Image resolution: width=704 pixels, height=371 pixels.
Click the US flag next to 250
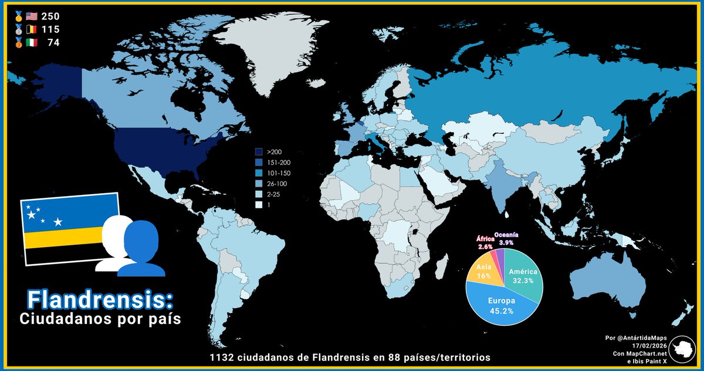(32, 16)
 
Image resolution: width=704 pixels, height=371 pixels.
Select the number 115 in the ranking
(50, 29)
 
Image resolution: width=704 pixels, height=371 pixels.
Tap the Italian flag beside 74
(32, 42)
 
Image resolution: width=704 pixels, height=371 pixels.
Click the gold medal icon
(19, 16)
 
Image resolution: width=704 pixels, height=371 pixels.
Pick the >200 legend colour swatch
(259, 151)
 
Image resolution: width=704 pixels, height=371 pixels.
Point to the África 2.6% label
(485, 242)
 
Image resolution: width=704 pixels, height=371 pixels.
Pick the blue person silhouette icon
(141, 249)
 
